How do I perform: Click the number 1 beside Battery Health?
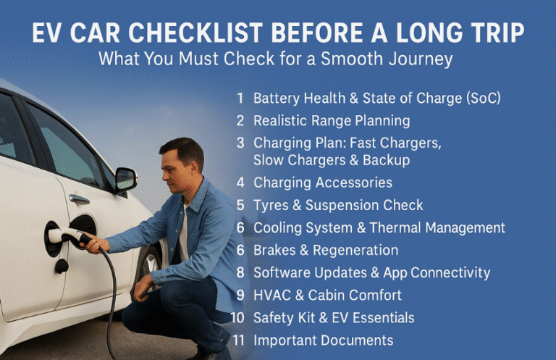(x=240, y=98)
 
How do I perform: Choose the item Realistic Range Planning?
(x=332, y=120)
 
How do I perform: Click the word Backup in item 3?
(x=385, y=159)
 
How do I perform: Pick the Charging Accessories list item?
(x=323, y=183)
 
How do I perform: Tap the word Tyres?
(x=271, y=205)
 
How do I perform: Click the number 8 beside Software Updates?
(x=240, y=273)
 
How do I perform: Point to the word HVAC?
(x=271, y=296)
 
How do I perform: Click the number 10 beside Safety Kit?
(x=237, y=317)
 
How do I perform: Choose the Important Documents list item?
(x=324, y=340)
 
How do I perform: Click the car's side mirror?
(x=126, y=178)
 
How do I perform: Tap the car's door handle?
(x=79, y=199)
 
